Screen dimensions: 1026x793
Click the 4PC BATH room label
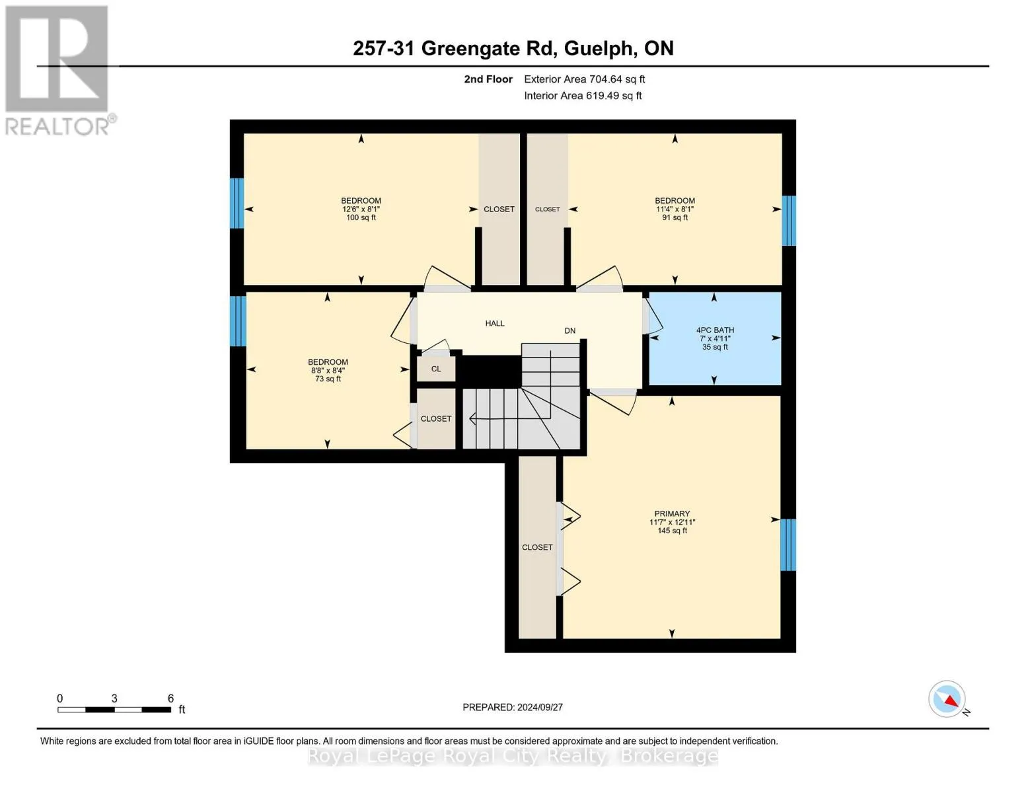click(x=715, y=330)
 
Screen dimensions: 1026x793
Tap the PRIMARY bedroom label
click(x=672, y=513)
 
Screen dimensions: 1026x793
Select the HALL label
click(x=495, y=323)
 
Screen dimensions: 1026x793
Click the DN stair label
click(x=570, y=330)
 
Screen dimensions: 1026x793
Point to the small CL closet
click(x=436, y=368)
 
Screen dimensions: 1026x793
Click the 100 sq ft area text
click(x=361, y=217)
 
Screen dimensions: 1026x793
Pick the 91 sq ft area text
click(x=675, y=217)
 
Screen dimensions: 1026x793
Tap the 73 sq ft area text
click(x=328, y=379)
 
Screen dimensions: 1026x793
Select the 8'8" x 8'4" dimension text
click(x=328, y=370)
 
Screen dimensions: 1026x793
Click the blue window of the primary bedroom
click(x=788, y=545)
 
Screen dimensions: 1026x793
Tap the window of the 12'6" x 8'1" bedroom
click(x=237, y=203)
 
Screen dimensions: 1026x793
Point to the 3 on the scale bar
click(x=114, y=698)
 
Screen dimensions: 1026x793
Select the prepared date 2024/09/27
click(x=540, y=707)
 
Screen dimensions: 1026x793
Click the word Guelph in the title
click(x=598, y=49)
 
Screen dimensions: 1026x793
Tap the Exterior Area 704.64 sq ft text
click(x=585, y=79)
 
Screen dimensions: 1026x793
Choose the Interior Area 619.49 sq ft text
click(x=583, y=95)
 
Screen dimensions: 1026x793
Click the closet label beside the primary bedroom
click(x=537, y=547)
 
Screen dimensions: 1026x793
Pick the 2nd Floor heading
click(x=488, y=79)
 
